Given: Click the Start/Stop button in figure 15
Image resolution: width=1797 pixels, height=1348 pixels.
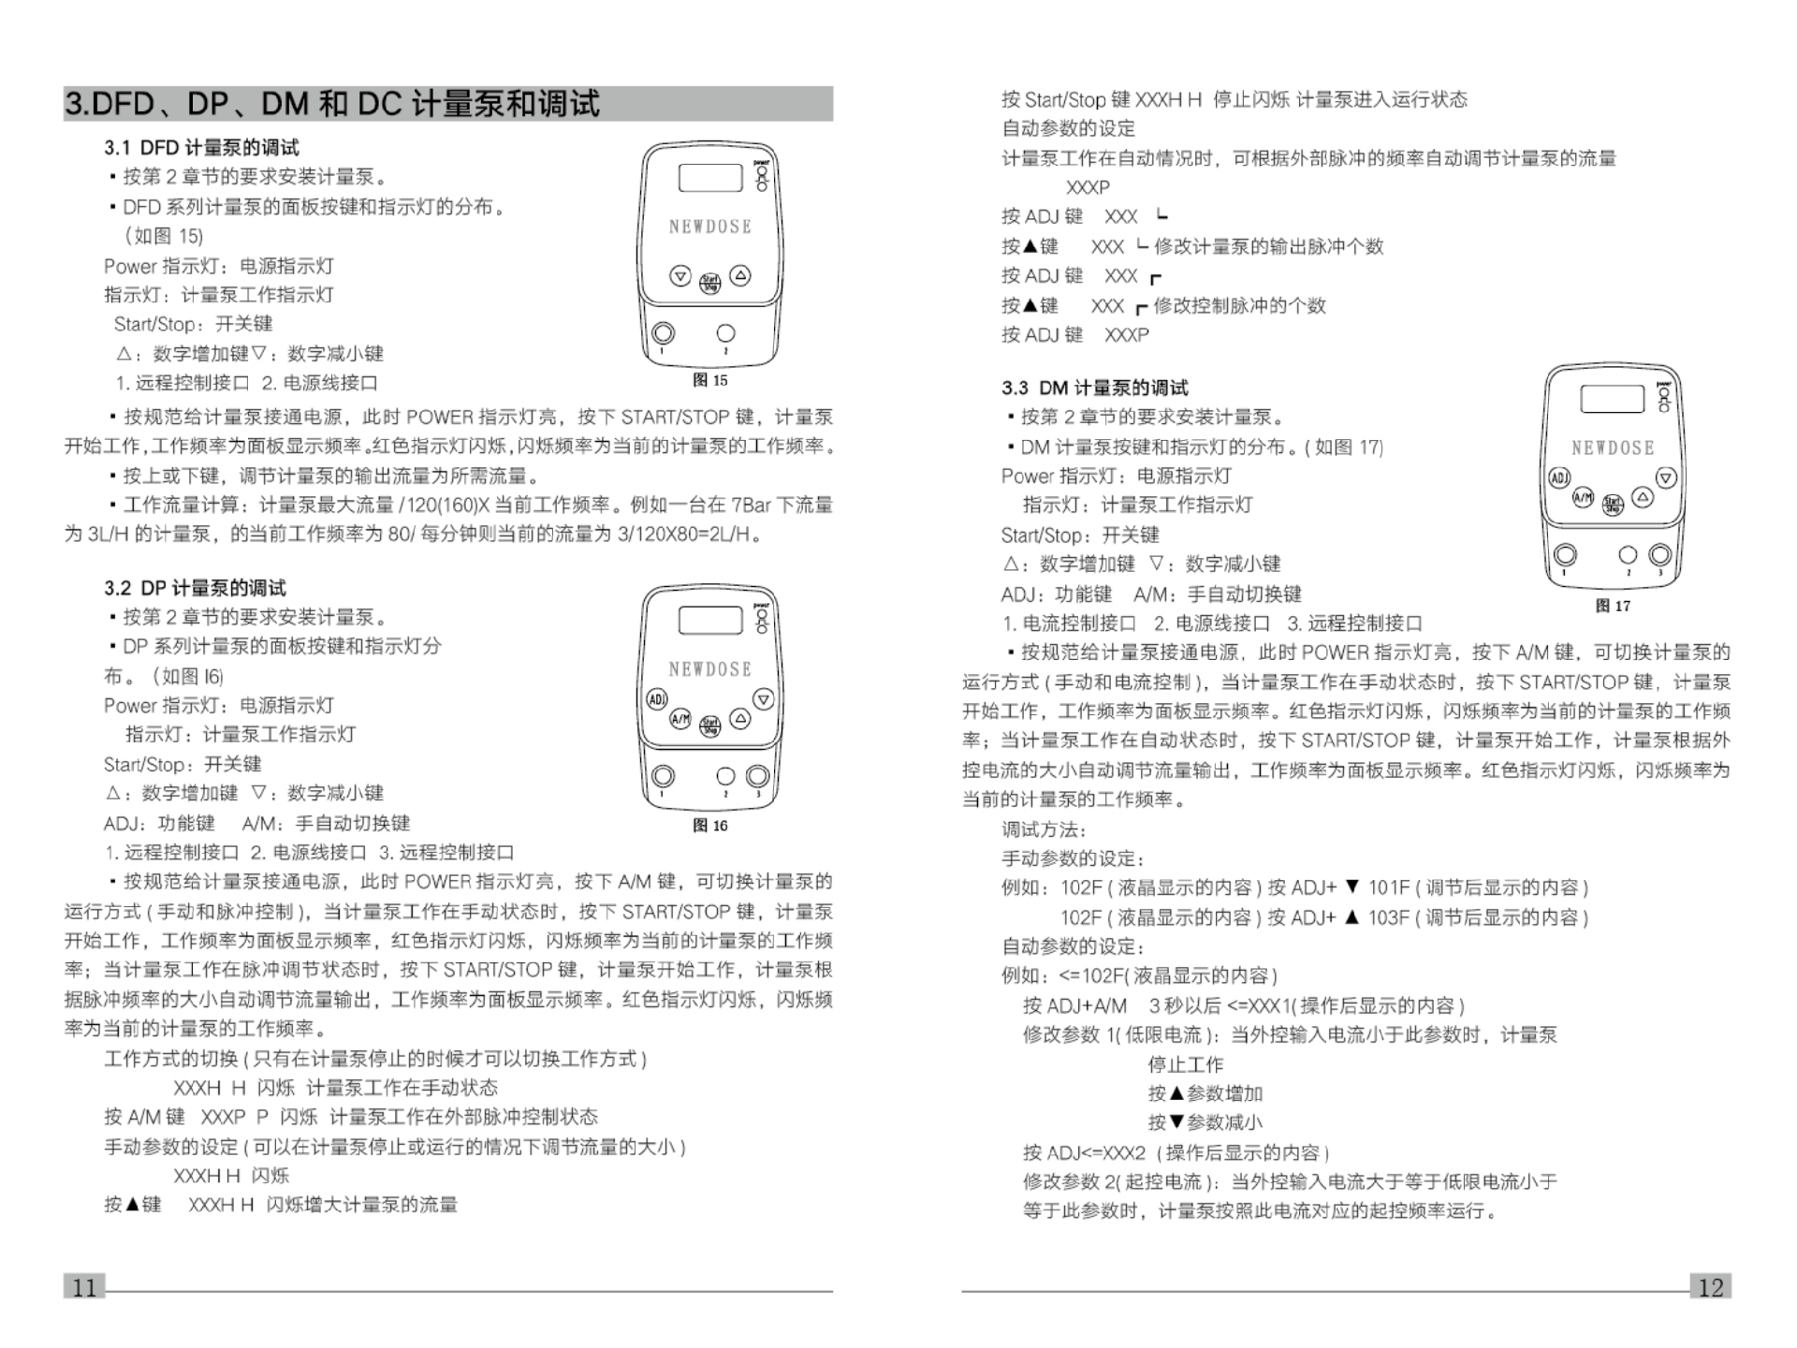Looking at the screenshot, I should [x=710, y=282].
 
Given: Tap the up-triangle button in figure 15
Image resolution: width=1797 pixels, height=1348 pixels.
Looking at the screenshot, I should [x=740, y=275].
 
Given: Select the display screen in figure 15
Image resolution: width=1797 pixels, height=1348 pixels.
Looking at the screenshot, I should [x=709, y=177].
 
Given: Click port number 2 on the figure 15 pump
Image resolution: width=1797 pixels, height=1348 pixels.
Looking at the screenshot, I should [x=725, y=332].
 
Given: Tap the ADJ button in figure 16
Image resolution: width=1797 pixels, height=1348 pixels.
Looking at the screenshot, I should [x=657, y=699].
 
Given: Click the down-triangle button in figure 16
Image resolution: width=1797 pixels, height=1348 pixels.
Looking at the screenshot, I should [x=764, y=699].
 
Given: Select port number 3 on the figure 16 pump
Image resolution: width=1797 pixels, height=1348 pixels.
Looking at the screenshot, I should [x=757, y=776].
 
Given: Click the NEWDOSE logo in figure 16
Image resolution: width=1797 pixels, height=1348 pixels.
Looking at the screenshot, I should [x=709, y=669].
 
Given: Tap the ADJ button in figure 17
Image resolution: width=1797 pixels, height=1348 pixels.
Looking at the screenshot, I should [x=1559, y=477].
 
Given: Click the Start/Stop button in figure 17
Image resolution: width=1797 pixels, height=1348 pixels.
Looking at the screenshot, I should [x=1613, y=505].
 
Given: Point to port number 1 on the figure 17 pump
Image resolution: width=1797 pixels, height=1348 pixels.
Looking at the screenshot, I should [x=1565, y=555].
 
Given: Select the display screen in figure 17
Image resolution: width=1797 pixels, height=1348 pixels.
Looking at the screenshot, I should [x=1612, y=399].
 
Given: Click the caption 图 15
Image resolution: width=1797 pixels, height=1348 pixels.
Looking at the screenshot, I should [x=709, y=380].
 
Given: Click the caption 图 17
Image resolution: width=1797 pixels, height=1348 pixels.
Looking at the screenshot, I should [x=1613, y=606].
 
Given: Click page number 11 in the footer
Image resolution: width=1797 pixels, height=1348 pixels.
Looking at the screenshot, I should [x=84, y=1287].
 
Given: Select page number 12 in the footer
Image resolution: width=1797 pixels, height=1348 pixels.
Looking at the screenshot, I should [x=1710, y=1287].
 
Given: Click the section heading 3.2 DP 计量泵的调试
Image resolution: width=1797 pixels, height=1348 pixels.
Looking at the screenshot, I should [x=195, y=588].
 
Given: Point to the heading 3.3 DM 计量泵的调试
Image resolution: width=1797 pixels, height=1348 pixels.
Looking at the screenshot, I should [x=1094, y=388].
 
